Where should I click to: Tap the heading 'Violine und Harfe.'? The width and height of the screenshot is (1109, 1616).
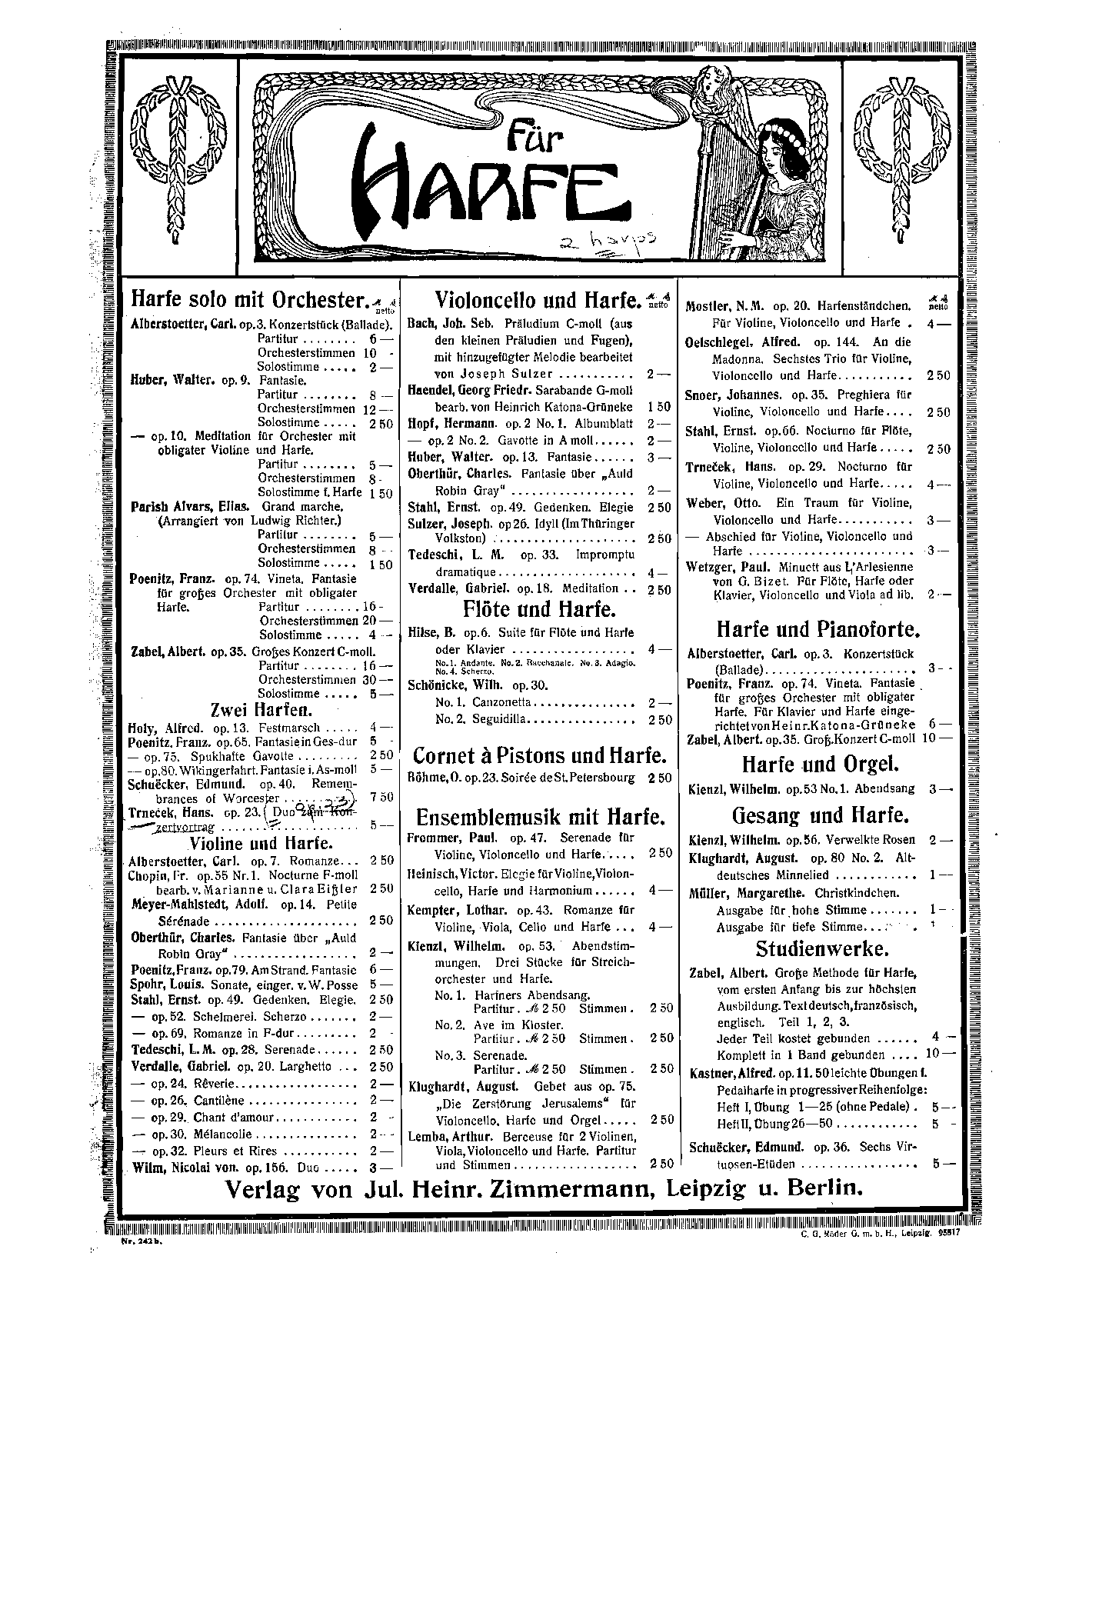[x=261, y=845]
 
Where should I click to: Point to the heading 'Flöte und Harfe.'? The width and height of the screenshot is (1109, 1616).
[x=538, y=609]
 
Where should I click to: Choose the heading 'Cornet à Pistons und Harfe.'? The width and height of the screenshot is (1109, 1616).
[x=538, y=755]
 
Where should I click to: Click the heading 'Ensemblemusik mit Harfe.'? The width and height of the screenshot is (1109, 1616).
[x=538, y=816]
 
